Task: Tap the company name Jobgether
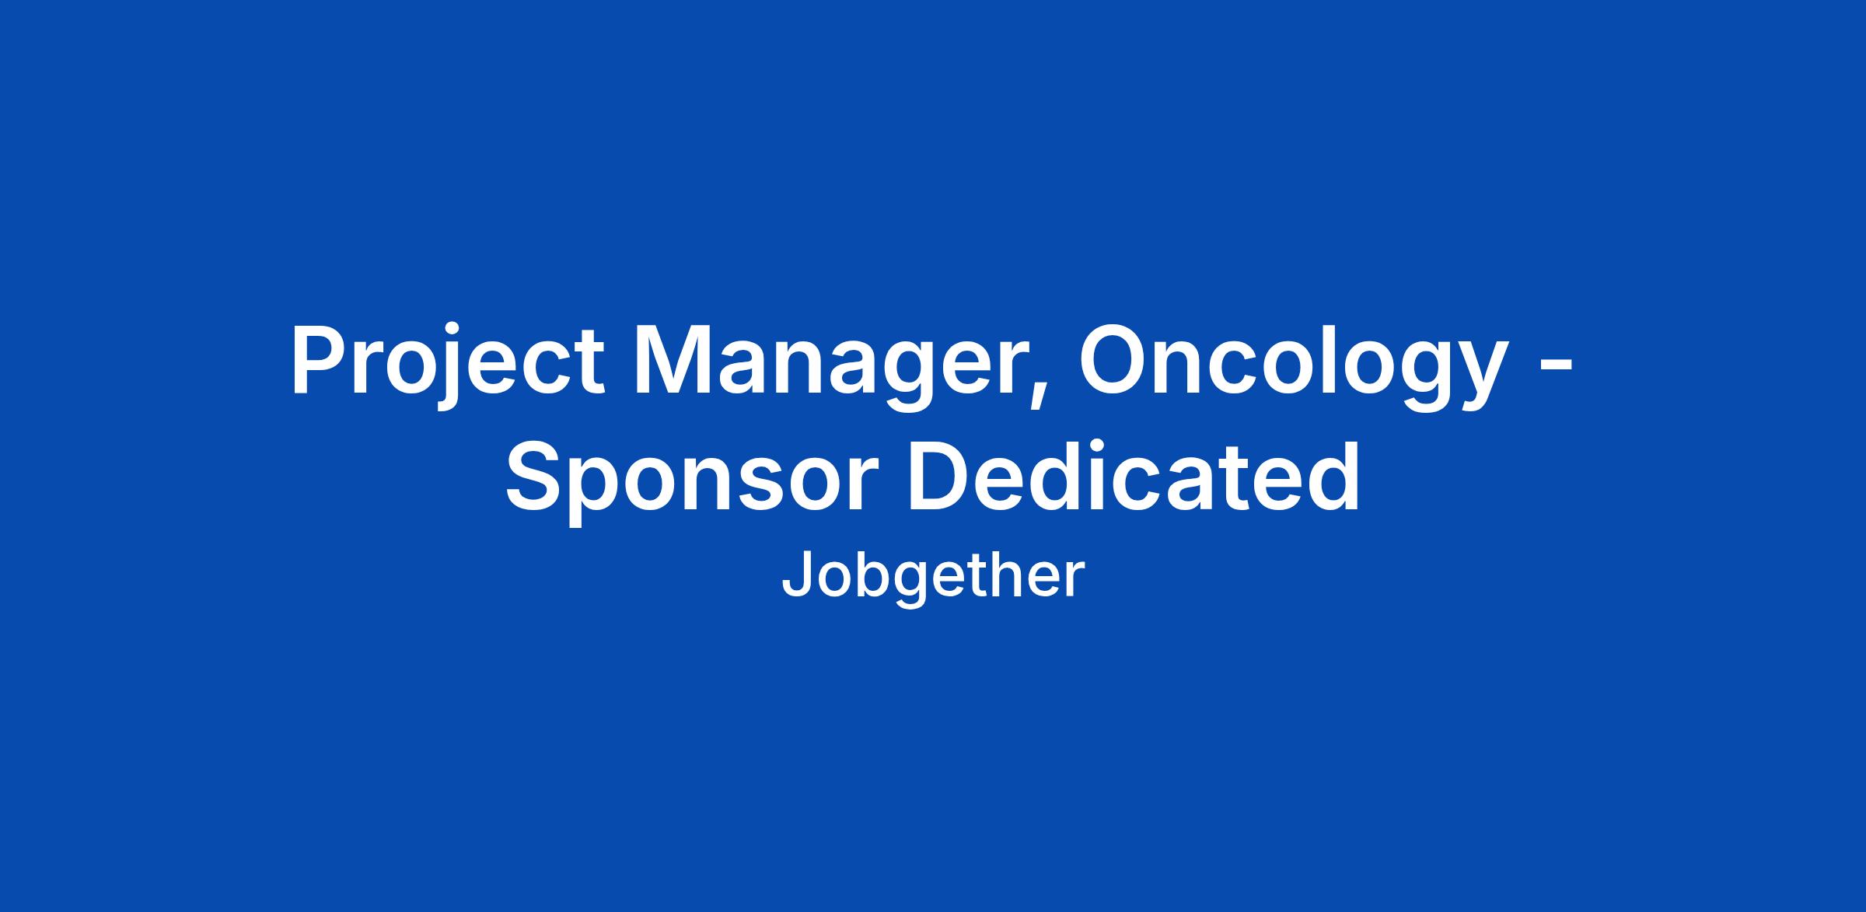pyautogui.click(x=932, y=576)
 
